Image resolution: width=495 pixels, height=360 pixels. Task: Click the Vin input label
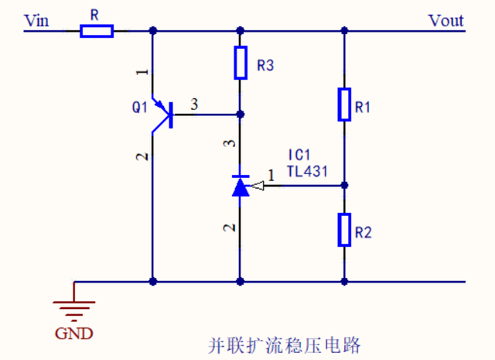coord(36,20)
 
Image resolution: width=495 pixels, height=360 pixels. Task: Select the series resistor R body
coord(97,31)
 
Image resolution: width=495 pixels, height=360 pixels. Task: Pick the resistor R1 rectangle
coord(344,105)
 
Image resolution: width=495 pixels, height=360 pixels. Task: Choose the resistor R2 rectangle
coord(344,230)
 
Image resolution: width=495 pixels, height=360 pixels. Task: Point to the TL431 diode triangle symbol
coord(241,187)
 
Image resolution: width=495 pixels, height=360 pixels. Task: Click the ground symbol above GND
coord(74,307)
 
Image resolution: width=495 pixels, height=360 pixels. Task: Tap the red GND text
coord(74,334)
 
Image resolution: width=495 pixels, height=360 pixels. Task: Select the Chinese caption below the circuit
coord(285,343)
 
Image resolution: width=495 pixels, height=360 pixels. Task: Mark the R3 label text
coord(265,67)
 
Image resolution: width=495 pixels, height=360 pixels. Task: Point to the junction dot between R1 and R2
coord(344,185)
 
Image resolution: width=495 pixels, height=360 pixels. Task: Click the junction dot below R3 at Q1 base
coord(240,115)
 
